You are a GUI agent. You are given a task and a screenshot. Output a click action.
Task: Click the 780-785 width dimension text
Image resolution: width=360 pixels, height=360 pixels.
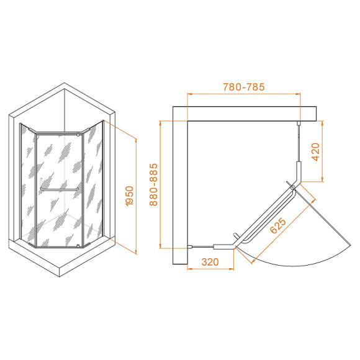coord(243,87)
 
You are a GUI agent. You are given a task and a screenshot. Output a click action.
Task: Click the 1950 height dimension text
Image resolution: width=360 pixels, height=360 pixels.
coord(128,196)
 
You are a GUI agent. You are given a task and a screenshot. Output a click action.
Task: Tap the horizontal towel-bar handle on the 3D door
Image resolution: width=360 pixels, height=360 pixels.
coord(59,186)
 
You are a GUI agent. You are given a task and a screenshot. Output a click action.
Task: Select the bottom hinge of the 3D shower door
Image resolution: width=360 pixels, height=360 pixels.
coord(78,246)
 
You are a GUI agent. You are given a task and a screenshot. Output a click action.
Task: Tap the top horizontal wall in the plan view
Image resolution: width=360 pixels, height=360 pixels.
coord(248,113)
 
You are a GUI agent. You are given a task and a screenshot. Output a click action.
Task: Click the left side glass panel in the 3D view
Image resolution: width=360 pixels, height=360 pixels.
coord(28,186)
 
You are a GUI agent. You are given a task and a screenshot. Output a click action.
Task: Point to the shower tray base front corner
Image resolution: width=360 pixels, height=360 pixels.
coord(60,273)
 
